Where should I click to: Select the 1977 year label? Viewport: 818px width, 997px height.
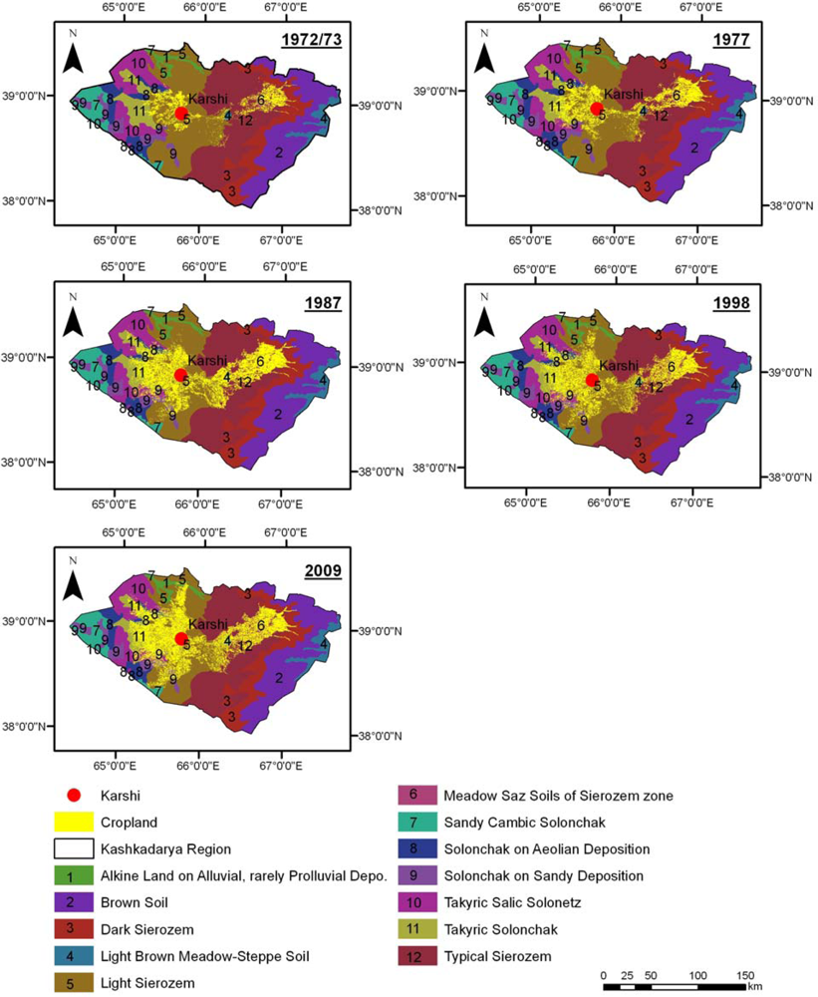(x=732, y=41)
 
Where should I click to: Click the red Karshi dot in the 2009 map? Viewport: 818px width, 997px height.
(x=180, y=639)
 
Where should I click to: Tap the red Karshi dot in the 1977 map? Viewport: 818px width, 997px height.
(x=596, y=109)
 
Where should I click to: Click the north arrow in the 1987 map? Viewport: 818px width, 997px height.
(x=72, y=320)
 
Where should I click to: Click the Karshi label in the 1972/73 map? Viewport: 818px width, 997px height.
(x=206, y=97)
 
